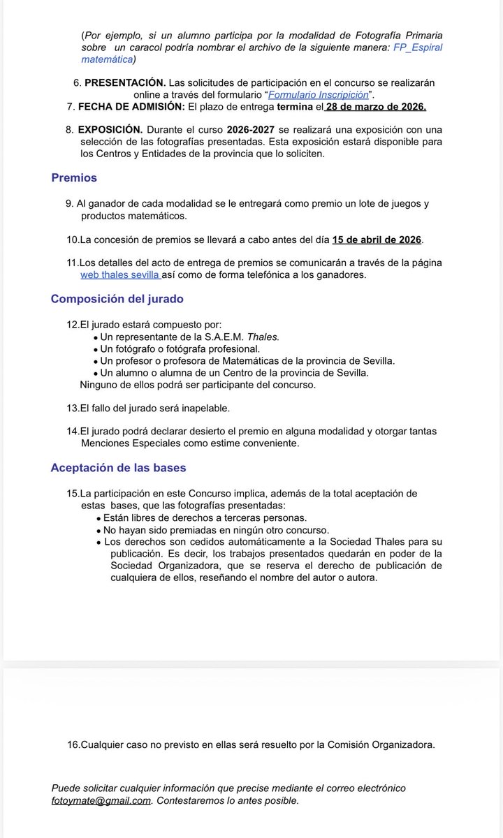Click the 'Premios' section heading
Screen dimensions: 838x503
pos(74,178)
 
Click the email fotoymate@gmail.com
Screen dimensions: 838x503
pos(101,800)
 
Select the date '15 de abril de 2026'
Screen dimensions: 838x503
pos(377,240)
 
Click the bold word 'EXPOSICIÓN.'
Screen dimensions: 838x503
pos(110,130)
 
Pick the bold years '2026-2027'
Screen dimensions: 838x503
pos(255,130)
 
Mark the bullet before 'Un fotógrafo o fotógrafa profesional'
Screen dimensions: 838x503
pos(95,348)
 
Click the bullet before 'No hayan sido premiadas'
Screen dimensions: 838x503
pos(98,530)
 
